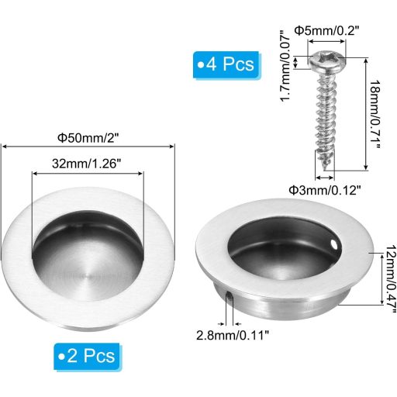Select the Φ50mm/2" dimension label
(92, 137)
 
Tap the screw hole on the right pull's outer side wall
(230, 295)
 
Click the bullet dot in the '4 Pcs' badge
(201, 64)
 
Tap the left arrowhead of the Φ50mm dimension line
(4, 146)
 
